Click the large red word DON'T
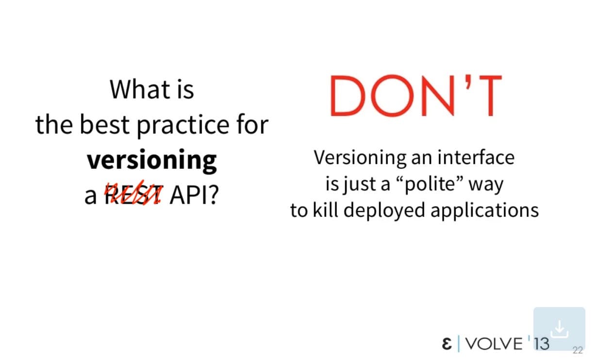416,96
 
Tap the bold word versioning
151,161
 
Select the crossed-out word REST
133,194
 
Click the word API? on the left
194,195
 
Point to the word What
140,89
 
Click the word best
105,124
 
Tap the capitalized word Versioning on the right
360,159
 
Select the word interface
476,157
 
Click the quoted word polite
432,184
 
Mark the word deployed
384,211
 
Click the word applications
484,211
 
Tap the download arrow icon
559,329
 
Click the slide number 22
578,350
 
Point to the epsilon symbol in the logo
447,344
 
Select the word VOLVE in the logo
494,344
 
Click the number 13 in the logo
541,344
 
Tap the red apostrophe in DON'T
468,82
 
